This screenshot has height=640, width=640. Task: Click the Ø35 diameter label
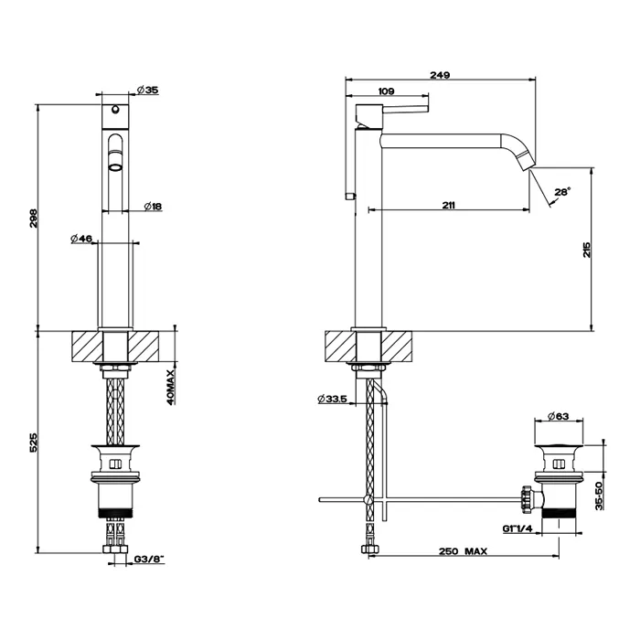tap(147, 90)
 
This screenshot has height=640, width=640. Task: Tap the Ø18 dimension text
tap(153, 208)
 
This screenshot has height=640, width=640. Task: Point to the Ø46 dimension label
tap(81, 239)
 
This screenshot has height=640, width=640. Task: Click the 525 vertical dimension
tap(34, 443)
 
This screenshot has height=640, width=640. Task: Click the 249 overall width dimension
tap(440, 78)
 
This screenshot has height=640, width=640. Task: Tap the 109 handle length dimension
tap(386, 91)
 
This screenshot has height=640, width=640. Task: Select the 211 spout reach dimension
tap(449, 205)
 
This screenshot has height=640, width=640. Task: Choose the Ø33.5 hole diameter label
tap(331, 399)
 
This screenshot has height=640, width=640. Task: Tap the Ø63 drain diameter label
tap(560, 418)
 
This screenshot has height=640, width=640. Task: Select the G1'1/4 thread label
tap(517, 528)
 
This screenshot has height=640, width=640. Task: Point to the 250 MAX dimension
tap(462, 551)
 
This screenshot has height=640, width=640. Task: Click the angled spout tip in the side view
tap(527, 160)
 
